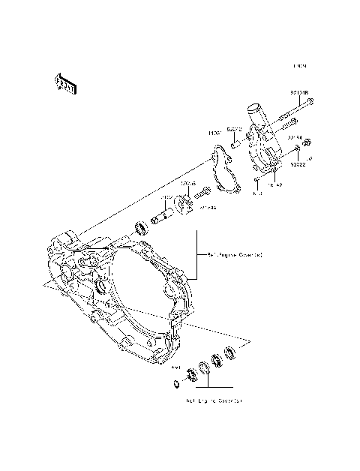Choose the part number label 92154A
pyautogui.click(x=207, y=208)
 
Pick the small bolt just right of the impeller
pyautogui.click(x=199, y=194)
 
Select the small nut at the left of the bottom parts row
pyautogui.click(x=175, y=383)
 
